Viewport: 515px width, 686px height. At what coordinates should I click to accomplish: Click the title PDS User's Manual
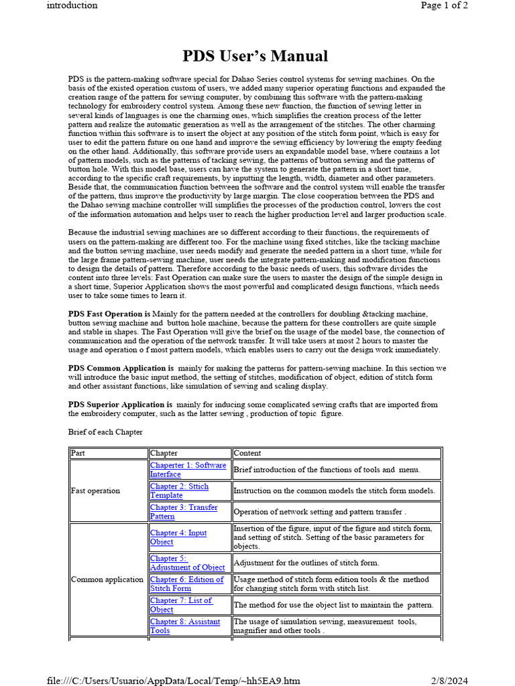click(x=255, y=56)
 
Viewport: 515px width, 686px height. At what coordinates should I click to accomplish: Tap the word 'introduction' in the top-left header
click(x=72, y=6)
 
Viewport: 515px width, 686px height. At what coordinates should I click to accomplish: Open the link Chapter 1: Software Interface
click(x=188, y=469)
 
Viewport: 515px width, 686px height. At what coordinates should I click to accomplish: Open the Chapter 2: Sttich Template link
click(x=179, y=490)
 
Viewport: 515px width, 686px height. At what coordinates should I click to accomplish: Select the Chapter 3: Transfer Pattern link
click(x=184, y=512)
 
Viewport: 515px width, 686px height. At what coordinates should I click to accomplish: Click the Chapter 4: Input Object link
click(x=178, y=537)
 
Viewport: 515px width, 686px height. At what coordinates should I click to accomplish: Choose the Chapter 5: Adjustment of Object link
click(x=187, y=563)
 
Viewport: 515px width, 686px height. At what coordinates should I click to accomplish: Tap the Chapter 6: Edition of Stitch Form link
click(x=186, y=584)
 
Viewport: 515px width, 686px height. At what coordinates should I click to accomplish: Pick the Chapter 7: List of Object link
click(x=181, y=605)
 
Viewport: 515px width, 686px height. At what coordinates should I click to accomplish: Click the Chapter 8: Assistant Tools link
click(x=185, y=626)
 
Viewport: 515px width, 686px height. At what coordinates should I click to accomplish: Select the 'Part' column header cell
click(x=78, y=453)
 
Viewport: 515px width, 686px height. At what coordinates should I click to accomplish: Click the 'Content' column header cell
click(x=247, y=453)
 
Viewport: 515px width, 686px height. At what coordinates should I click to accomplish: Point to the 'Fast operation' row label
click(x=96, y=490)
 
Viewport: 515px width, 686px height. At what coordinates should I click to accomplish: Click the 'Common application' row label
click(x=107, y=579)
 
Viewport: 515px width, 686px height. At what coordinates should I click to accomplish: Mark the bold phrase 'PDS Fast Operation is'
click(x=109, y=314)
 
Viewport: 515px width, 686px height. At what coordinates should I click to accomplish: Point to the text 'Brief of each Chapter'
click(x=105, y=432)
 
